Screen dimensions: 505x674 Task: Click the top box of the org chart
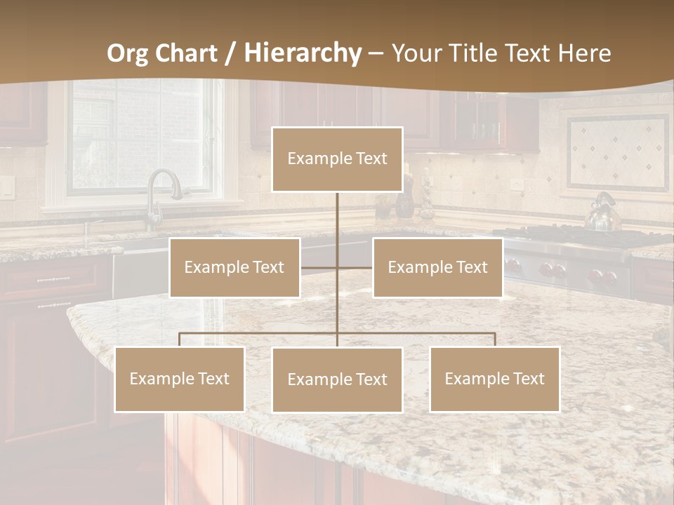click(337, 159)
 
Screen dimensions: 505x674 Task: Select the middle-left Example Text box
click(234, 267)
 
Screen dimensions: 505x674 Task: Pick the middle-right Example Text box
click(437, 267)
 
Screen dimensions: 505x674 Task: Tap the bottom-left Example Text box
click(180, 379)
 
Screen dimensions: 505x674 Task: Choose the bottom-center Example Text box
click(337, 379)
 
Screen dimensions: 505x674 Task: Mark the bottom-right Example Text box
click(494, 379)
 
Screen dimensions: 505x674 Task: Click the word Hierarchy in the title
click(302, 53)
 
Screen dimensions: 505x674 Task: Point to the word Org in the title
click(128, 53)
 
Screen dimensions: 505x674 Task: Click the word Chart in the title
click(186, 53)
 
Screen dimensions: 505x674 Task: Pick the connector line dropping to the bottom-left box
click(180, 339)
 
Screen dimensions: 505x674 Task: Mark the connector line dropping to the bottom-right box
click(495, 339)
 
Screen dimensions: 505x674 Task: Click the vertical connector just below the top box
click(337, 210)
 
